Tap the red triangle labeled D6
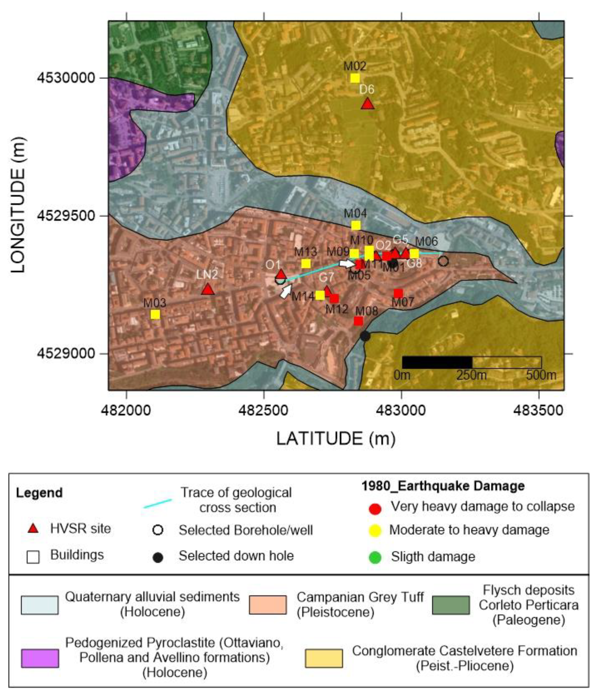[x=368, y=104]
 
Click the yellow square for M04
[x=356, y=225]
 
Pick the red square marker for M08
[x=359, y=321]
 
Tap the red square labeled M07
[x=398, y=293]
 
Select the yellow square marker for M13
[x=306, y=263]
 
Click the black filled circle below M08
[x=365, y=336]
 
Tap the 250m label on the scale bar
[x=471, y=375]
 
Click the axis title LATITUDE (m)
[x=336, y=439]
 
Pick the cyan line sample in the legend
[x=157, y=503]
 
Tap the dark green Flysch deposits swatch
[x=451, y=605]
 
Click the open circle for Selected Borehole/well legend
[x=157, y=530]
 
